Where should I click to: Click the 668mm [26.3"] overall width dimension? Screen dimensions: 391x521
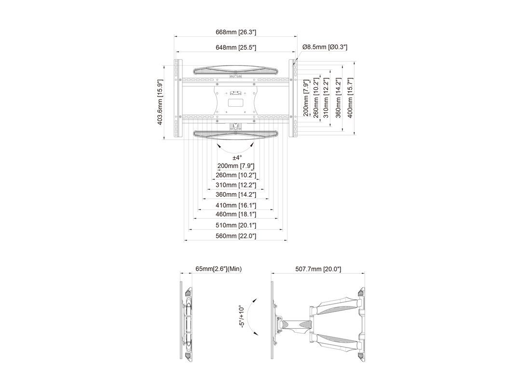point(236,32)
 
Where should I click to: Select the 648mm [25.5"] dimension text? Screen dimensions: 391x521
point(236,47)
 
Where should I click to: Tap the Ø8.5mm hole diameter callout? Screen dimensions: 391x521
point(325,47)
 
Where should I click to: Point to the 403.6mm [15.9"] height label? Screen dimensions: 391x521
point(160,102)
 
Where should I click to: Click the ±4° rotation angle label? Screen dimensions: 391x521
point(236,158)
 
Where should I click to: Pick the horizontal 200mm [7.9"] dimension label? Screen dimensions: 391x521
point(236,166)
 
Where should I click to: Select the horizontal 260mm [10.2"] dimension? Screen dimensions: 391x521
point(236,175)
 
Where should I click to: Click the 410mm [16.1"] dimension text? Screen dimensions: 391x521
point(236,206)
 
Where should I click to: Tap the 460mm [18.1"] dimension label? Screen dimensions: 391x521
point(236,214)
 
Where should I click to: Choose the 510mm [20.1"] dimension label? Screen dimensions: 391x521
point(236,225)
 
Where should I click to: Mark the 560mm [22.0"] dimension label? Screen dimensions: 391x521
point(236,236)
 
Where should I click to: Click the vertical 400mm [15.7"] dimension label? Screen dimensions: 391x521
point(351,98)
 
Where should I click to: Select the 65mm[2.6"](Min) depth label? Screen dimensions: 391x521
point(218,269)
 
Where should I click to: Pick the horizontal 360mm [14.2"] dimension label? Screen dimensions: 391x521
point(236,195)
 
